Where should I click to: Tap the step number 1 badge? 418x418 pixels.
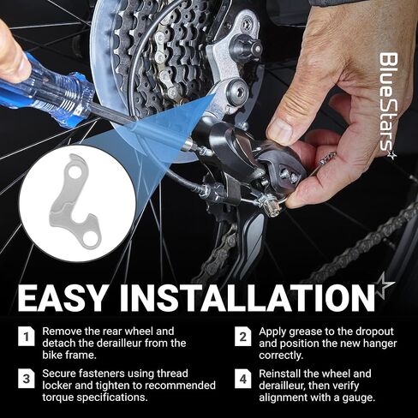point(27,337)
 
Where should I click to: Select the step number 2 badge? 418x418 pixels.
point(243,337)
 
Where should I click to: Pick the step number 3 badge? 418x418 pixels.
point(27,379)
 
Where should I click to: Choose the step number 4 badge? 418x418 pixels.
point(243,379)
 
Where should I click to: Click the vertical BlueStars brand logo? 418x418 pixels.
point(388,104)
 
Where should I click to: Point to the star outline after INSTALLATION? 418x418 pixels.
point(384,288)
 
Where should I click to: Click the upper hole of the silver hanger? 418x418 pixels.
point(74,171)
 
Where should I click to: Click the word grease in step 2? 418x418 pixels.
point(309,332)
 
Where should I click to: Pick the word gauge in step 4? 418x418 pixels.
point(359,397)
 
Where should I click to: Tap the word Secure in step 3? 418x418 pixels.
point(59,373)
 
